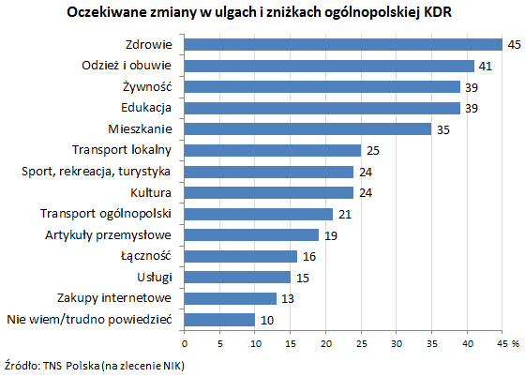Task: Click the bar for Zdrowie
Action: tap(343, 44)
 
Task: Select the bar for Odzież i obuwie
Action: tap(329, 66)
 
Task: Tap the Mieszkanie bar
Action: tap(307, 128)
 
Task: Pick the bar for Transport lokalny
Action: tap(273, 150)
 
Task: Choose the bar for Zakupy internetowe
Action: tap(231, 298)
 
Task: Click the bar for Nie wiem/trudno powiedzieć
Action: tap(219, 320)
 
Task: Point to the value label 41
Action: tap(486, 66)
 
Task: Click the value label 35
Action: tap(443, 128)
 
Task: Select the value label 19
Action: tap(330, 234)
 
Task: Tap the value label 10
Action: tap(267, 320)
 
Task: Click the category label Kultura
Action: tap(150, 192)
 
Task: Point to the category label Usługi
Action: tap(154, 277)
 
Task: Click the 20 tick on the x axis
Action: tap(325, 344)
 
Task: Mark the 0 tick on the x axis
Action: tap(185, 344)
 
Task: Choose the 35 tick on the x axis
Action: tap(431, 344)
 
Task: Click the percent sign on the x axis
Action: tap(515, 344)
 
